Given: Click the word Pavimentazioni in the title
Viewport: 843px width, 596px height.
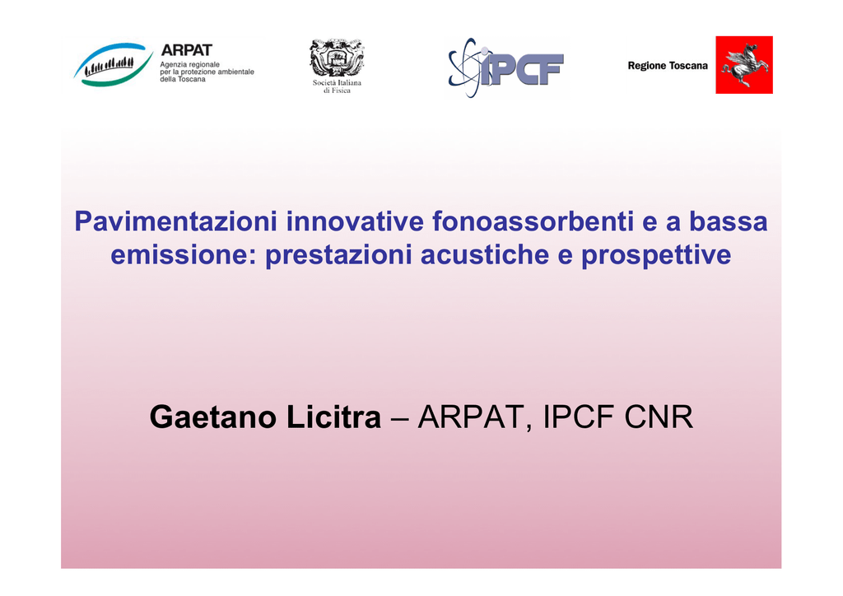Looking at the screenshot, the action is pyautogui.click(x=176, y=221).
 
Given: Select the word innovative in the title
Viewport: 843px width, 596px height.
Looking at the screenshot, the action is pyautogui.click(x=355, y=221).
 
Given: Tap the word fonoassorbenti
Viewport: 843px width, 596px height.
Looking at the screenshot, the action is pyautogui.click(x=533, y=221).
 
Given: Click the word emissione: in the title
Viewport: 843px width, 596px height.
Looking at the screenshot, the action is pyautogui.click(x=184, y=254).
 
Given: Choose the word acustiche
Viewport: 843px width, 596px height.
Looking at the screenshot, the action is pyautogui.click(x=485, y=254).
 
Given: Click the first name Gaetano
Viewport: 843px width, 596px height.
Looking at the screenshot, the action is pyautogui.click(x=213, y=417).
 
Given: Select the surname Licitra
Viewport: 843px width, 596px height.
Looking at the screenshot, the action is pyautogui.click(x=333, y=417).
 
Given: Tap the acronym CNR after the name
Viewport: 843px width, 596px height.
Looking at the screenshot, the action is pyautogui.click(x=659, y=417).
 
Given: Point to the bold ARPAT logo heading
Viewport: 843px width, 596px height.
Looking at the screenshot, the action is pyautogui.click(x=187, y=50).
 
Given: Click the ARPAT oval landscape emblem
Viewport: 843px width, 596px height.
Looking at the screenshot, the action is pyautogui.click(x=114, y=64).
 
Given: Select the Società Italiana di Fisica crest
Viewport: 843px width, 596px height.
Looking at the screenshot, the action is pyautogui.click(x=337, y=58).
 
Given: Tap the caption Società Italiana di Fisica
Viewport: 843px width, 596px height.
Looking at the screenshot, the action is pyautogui.click(x=337, y=86).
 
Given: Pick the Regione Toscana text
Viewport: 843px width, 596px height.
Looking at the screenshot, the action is pyautogui.click(x=668, y=66).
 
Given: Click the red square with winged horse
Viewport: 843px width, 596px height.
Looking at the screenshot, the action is pyautogui.click(x=744, y=65).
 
